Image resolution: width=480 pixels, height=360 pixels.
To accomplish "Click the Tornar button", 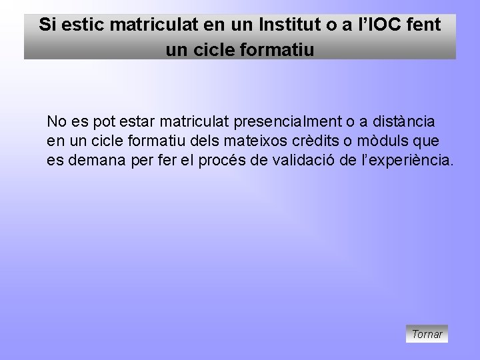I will (427, 334).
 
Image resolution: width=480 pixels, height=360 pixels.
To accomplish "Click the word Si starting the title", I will (46, 25).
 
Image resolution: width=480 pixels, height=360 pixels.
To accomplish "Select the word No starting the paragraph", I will (56, 122).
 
